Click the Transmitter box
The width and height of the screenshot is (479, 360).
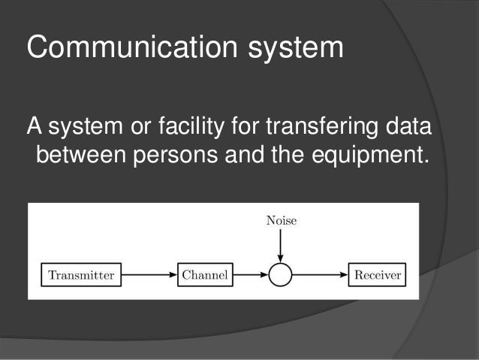click(x=81, y=275)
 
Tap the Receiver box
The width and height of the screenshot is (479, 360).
click(x=377, y=275)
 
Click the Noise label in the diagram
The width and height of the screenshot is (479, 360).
click(x=281, y=221)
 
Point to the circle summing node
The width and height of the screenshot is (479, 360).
click(x=280, y=275)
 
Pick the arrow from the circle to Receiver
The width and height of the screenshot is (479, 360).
click(x=320, y=275)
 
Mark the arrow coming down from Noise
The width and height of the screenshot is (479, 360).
click(x=280, y=245)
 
